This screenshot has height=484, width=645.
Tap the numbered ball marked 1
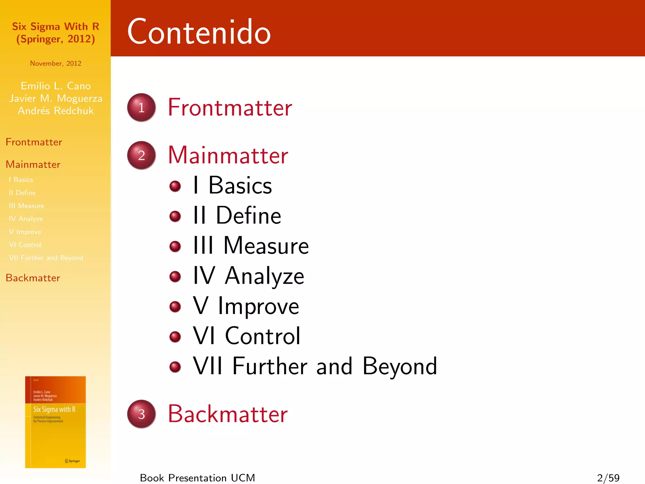pos(141,107)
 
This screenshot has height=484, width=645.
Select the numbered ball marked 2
pos(141,155)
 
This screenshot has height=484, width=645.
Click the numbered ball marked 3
pos(141,414)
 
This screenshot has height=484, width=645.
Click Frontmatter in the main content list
pos(230,107)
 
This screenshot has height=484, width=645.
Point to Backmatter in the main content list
pos(228,414)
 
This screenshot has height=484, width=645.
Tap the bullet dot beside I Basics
pos(175,186)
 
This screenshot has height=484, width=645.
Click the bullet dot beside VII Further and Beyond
pos(175,366)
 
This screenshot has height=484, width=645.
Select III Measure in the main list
pos(251,245)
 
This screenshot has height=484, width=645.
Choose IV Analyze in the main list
pos(248,276)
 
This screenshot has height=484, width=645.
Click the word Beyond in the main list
pos(400,366)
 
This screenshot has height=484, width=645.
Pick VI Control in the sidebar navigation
pos(25,245)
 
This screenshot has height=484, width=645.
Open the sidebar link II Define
pos(22,193)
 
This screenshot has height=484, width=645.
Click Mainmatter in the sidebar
pos(33,164)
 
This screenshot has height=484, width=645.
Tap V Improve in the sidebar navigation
pos(25,232)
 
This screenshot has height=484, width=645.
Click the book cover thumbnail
pos(55,422)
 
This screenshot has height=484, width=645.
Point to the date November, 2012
pos(56,63)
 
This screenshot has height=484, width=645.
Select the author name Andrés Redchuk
pos(56,111)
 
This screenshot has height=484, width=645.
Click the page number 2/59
pos(608,478)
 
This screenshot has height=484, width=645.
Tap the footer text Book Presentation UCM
pos(197,478)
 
